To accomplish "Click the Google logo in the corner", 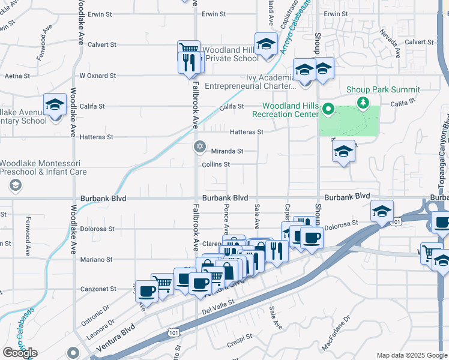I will point(20,353).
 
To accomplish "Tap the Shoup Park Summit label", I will point(383,89).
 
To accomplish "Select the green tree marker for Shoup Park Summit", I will point(363,103).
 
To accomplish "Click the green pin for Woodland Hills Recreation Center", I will point(328,110).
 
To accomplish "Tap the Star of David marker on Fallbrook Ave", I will point(200,146).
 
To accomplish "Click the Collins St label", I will point(216,164).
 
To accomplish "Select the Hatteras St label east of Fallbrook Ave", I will point(247,132).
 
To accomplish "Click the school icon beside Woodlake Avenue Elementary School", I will point(55,106).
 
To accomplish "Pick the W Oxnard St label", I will point(98,76).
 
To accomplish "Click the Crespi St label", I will point(238,344).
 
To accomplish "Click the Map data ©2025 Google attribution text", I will point(412,355).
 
